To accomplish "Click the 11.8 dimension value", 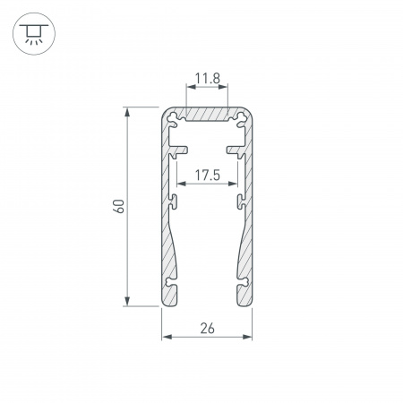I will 206,79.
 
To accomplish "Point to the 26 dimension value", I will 206,328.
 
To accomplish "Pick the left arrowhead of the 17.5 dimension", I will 180,185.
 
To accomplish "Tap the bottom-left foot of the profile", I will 171,295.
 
